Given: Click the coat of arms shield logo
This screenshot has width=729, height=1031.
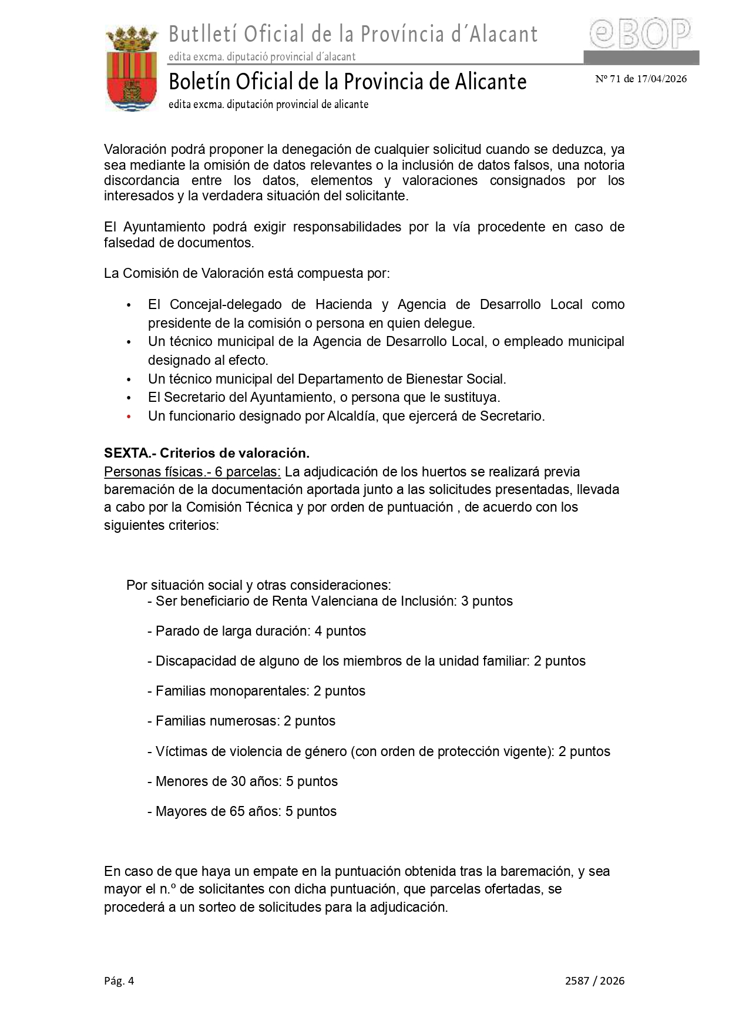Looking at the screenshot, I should [132, 69].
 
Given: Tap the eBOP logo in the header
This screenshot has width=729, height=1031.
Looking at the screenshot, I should [640, 34].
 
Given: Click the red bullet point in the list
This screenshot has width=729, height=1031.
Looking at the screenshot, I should [129, 417].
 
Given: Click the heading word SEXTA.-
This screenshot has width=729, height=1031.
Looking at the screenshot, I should [129, 453].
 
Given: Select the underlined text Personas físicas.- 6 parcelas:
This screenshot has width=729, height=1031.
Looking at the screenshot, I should [192, 472].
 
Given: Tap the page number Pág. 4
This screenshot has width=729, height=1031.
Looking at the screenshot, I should [119, 980].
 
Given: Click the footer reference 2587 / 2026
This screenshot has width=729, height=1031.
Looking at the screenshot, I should [594, 980].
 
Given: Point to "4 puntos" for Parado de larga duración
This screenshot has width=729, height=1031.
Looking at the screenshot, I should [340, 631].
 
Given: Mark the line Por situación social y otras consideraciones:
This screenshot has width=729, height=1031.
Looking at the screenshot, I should [258, 585].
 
